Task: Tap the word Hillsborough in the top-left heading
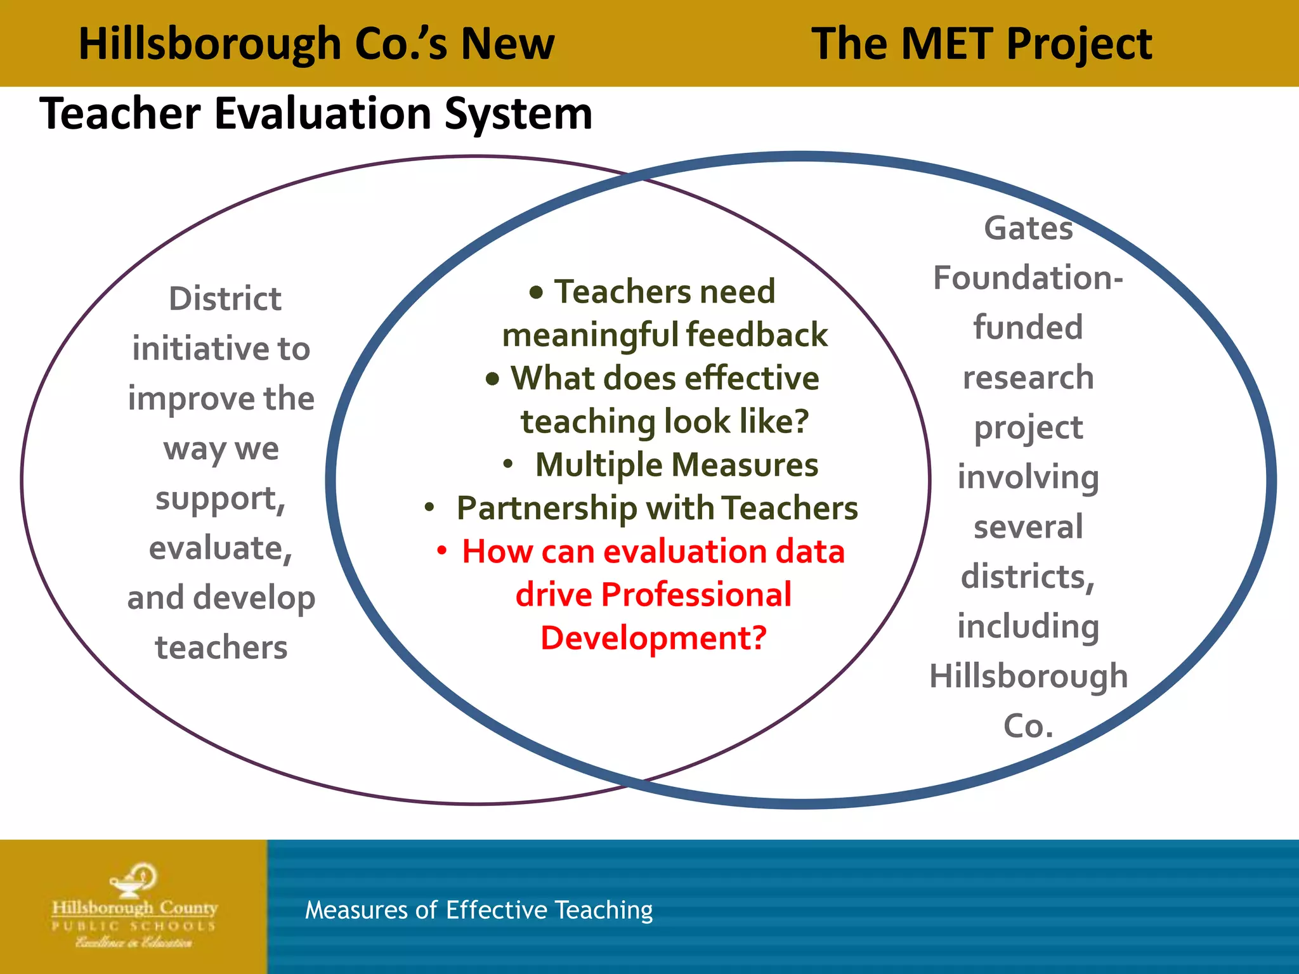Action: click(x=210, y=45)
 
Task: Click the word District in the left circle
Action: click(x=225, y=299)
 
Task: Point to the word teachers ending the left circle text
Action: click(x=221, y=647)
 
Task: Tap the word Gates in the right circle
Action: click(x=1028, y=228)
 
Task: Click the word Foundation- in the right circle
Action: click(x=1028, y=278)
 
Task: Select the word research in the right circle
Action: click(x=1028, y=378)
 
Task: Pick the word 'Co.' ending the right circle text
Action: click(x=1028, y=725)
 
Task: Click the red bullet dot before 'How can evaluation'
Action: click(x=442, y=550)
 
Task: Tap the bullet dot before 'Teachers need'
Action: click(x=537, y=292)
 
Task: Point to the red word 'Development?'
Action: click(x=653, y=638)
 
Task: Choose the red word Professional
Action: click(x=696, y=595)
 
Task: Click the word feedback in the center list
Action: click(x=757, y=335)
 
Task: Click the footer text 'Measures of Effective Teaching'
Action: click(x=479, y=910)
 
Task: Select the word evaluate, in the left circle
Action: click(x=220, y=548)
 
